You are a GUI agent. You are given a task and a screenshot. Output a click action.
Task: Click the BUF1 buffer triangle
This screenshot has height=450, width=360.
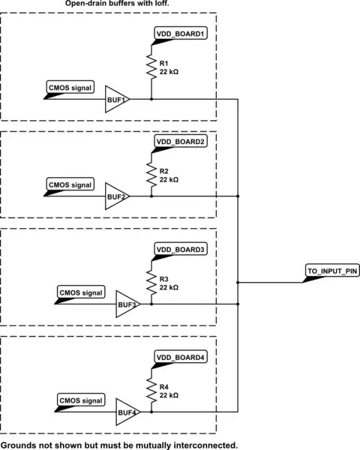click(116, 99)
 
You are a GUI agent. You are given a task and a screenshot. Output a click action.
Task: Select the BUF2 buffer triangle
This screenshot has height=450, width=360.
click(116, 196)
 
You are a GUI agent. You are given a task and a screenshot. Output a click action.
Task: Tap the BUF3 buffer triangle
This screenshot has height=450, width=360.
click(127, 304)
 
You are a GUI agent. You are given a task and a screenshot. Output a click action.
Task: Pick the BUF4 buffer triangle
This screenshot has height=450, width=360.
click(127, 411)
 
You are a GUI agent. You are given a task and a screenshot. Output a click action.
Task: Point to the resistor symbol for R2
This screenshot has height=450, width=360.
click(151, 175)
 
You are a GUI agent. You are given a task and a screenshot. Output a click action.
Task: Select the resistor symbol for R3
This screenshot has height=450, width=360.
click(151, 282)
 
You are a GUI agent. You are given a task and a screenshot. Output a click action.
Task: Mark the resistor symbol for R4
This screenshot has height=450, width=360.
click(151, 389)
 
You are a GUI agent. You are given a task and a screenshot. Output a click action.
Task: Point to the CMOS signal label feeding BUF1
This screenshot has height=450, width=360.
click(70, 88)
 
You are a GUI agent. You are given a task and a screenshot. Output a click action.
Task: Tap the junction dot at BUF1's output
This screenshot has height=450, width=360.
click(151, 99)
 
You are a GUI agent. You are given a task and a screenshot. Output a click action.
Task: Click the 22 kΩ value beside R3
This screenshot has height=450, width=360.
click(169, 287)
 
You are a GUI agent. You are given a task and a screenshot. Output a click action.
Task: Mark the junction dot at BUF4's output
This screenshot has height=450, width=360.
click(151, 411)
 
